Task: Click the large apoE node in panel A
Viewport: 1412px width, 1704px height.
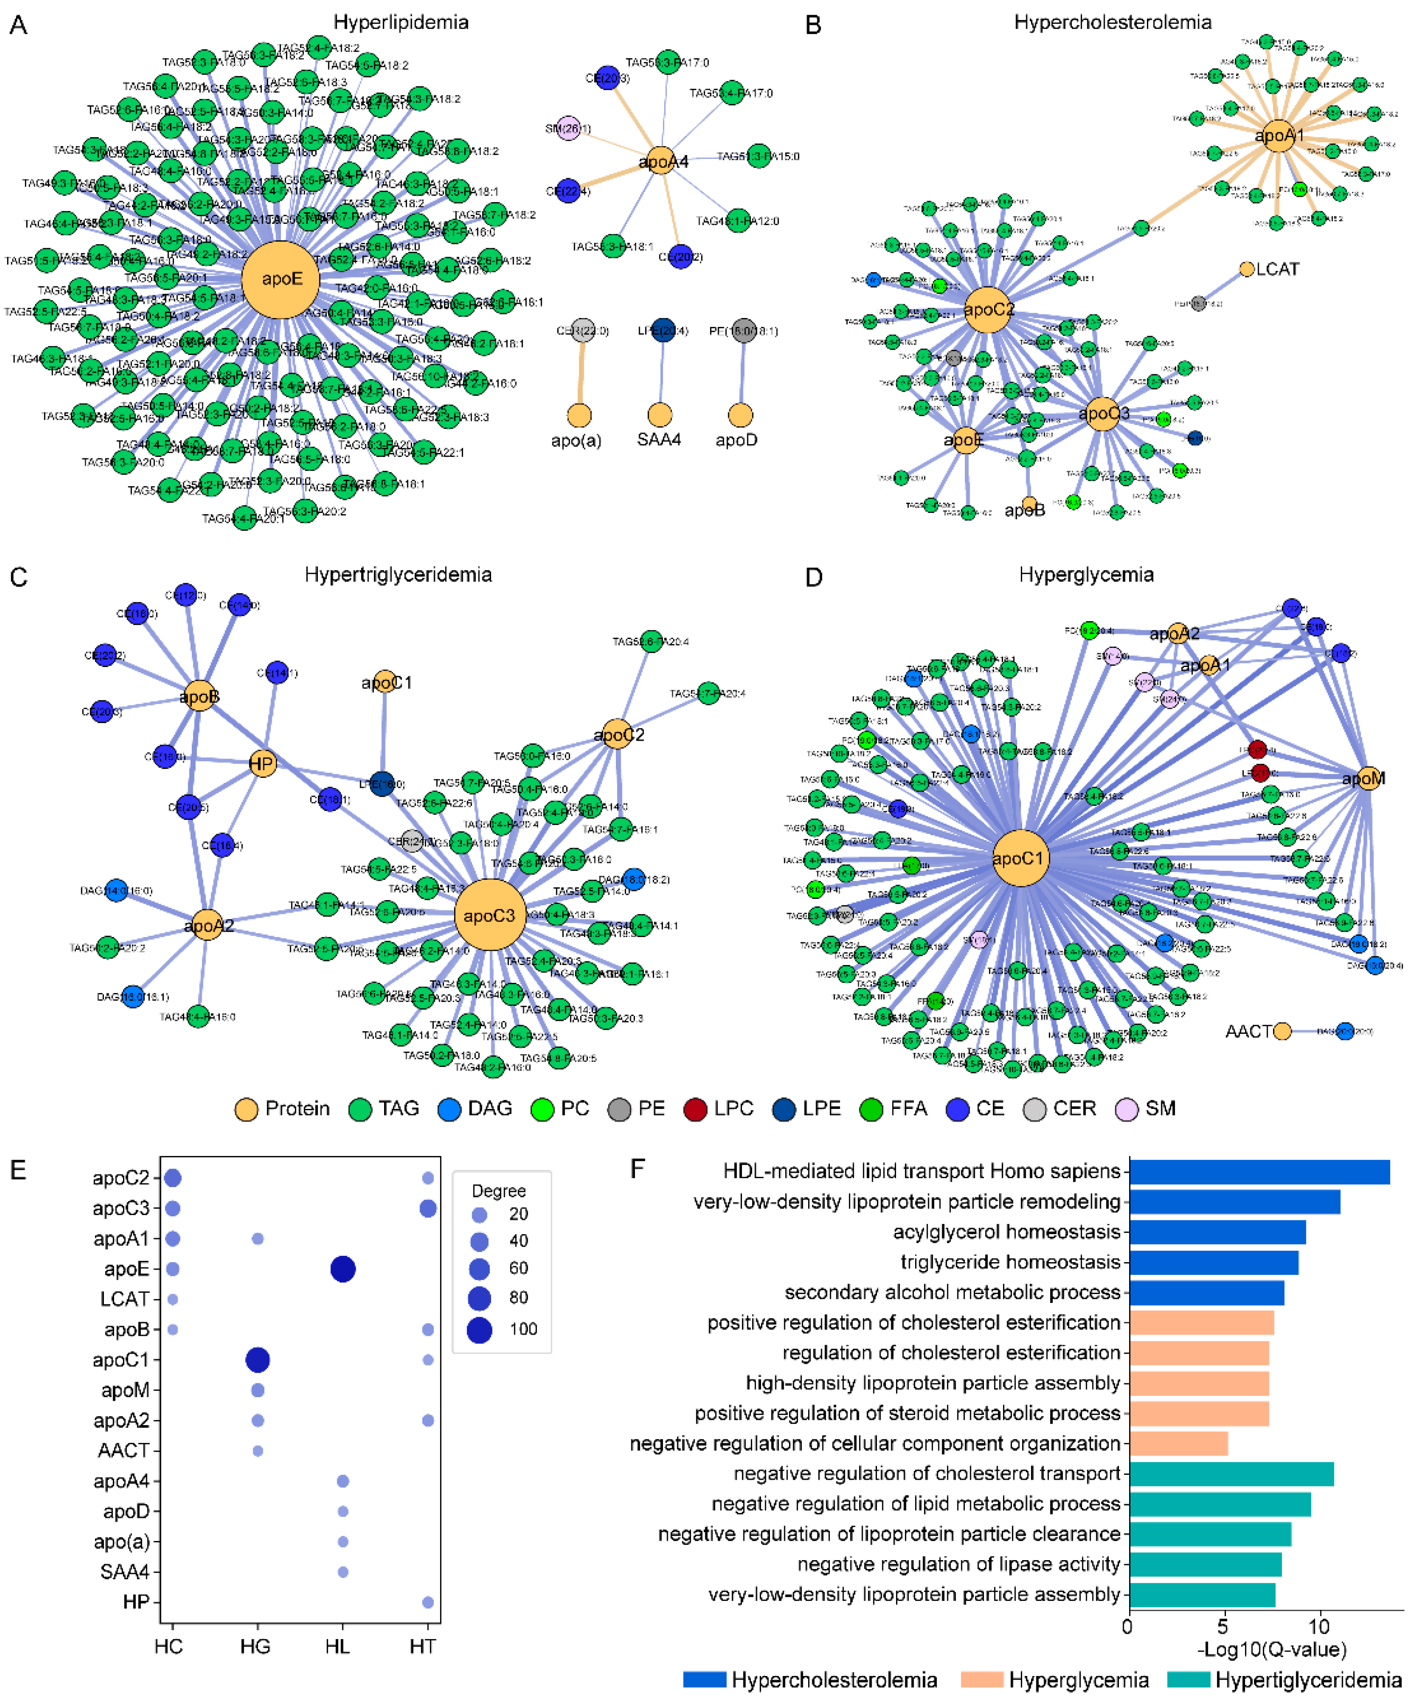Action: click(x=281, y=279)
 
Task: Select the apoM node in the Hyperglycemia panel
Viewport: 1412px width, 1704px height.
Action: click(x=1368, y=778)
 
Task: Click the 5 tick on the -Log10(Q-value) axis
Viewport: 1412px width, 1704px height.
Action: click(x=1222, y=1626)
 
